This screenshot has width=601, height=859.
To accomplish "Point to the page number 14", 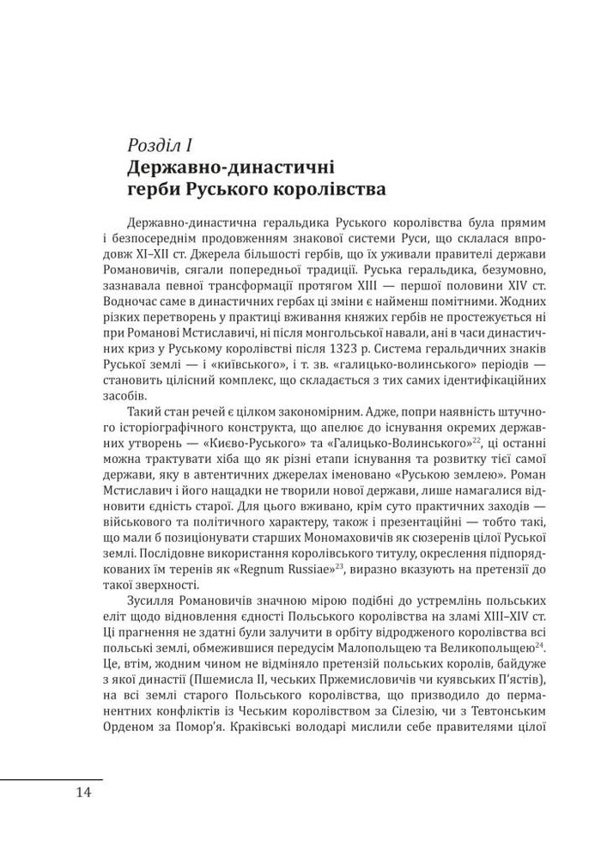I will point(83,792).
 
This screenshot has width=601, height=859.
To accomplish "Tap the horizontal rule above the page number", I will point(52,778).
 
